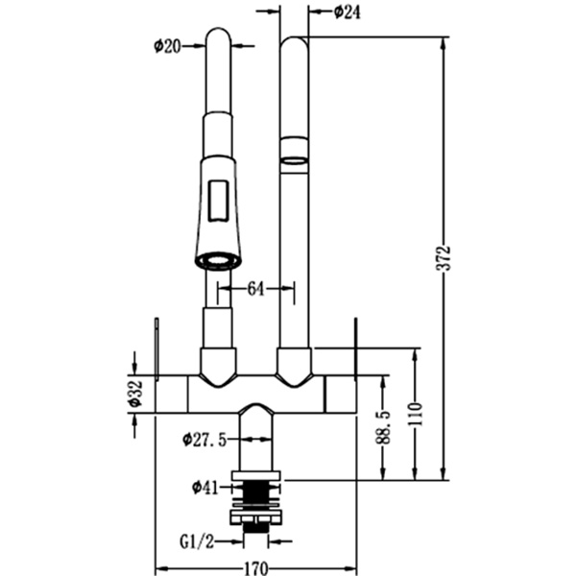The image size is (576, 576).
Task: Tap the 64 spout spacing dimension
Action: pos(256,287)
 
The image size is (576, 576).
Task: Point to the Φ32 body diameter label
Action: pos(135,393)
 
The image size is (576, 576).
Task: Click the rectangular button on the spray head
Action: pos(218,201)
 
